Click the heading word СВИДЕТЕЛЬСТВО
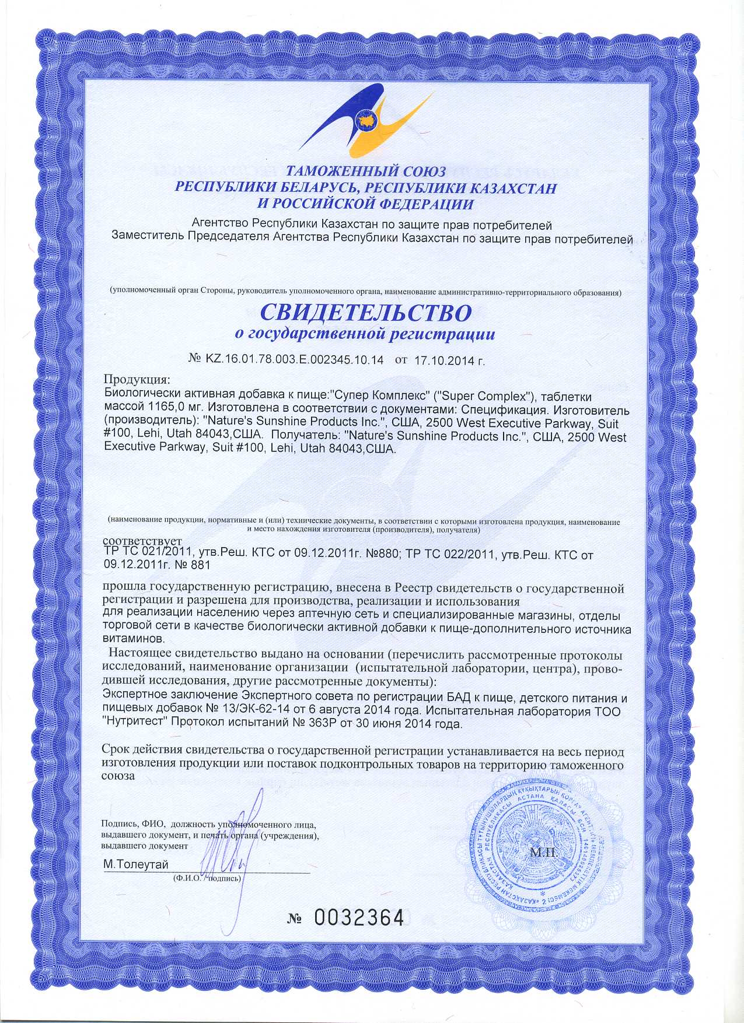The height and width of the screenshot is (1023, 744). (365, 313)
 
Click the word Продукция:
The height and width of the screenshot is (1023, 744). (137, 379)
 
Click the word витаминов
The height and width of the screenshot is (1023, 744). (132, 639)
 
